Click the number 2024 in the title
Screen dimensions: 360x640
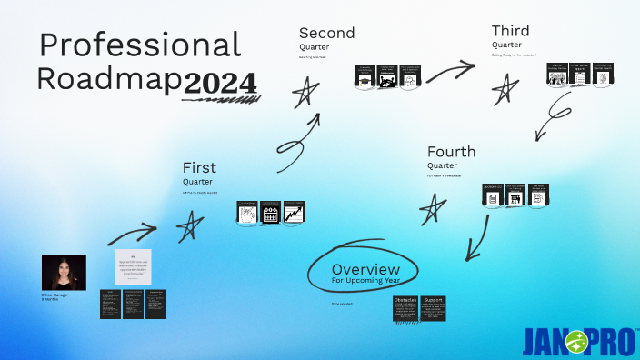point(220,83)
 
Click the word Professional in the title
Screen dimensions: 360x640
point(140,45)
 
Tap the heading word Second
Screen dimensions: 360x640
point(326,33)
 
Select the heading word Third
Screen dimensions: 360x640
point(510,31)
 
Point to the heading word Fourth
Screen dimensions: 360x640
point(451,151)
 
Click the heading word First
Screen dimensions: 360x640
point(199,167)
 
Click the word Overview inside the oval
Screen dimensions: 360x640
point(365,269)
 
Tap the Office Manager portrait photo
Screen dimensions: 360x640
point(64,272)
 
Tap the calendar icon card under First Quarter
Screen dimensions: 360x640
point(270,213)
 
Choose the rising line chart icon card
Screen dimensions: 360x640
point(293,213)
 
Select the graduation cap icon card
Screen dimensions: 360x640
point(365,77)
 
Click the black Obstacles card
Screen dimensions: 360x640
point(405,308)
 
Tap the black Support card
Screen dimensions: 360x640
point(433,308)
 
